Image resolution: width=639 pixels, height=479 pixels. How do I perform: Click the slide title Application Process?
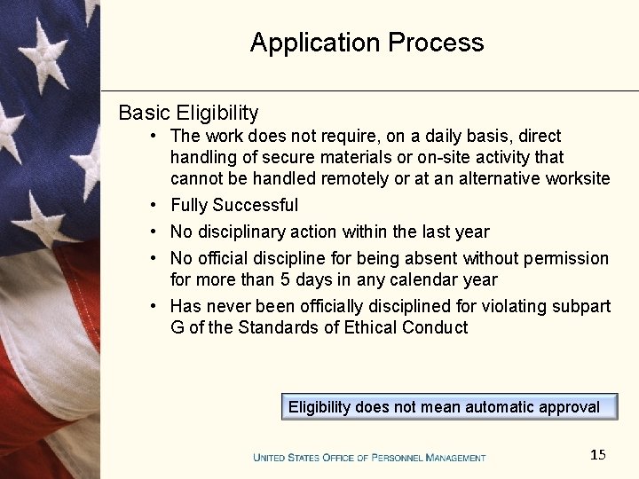[367, 43]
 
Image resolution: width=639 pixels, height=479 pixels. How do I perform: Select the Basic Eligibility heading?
[188, 113]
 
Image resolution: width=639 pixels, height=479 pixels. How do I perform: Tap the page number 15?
[598, 455]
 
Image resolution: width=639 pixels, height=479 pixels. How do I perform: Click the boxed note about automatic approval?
[448, 407]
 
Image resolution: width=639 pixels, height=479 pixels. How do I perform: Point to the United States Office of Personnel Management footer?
[369, 458]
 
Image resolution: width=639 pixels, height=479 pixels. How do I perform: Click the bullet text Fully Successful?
[234, 205]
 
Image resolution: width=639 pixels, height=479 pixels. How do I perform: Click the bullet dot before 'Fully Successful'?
[154, 205]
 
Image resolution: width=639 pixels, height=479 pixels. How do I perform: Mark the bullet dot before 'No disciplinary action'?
[154, 232]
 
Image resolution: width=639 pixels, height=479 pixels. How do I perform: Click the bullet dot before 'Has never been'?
[154, 306]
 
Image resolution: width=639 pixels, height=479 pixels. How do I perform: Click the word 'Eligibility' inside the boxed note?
[319, 407]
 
